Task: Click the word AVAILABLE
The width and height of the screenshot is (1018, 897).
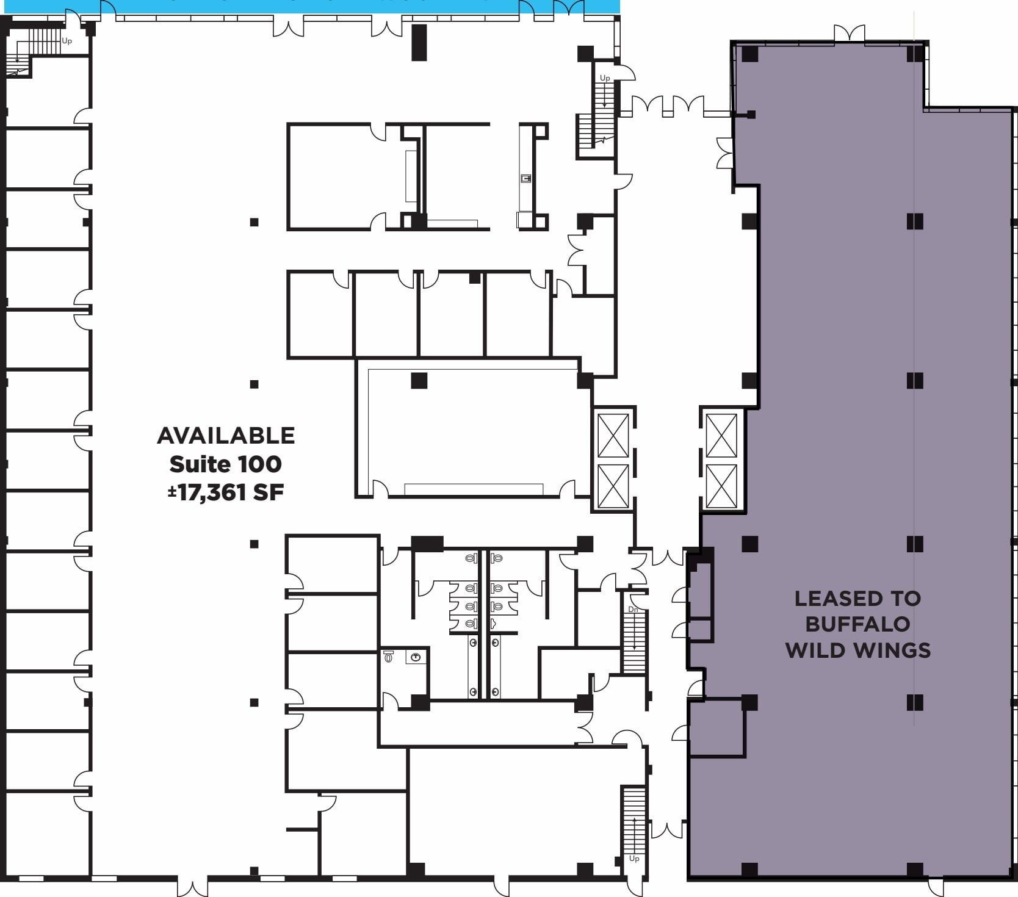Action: click(x=226, y=436)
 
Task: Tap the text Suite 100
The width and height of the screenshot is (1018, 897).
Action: click(x=225, y=464)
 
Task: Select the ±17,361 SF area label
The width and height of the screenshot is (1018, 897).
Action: click(x=226, y=492)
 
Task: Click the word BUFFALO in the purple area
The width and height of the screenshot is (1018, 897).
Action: click(x=857, y=624)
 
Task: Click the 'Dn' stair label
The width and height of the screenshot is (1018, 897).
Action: click(x=634, y=610)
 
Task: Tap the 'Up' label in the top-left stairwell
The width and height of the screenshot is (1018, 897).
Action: click(x=67, y=41)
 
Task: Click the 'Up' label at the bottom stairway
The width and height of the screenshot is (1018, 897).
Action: click(x=634, y=859)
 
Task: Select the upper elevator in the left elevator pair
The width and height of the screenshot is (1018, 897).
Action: click(x=613, y=435)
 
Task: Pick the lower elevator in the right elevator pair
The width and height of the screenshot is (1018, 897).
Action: click(x=721, y=486)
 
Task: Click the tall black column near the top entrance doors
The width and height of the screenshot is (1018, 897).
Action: click(x=419, y=42)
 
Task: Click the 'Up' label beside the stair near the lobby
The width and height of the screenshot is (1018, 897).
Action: click(x=605, y=78)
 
